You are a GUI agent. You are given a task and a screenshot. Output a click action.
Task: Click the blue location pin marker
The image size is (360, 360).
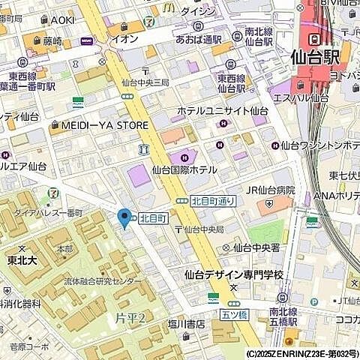coord(124,217)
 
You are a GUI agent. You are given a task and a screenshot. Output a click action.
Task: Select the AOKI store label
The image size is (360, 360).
coord(63,19)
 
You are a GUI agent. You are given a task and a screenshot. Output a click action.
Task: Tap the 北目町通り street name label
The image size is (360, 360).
coord(213,200)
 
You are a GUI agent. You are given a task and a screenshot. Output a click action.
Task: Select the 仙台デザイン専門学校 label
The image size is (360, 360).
coord(235,274)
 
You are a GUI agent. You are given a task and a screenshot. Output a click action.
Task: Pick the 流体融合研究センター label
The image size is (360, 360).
coord(102,281)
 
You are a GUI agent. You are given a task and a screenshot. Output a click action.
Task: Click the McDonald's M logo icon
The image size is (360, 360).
coord(169,7)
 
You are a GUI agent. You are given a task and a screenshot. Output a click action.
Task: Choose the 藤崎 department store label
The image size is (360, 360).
coord(52,41)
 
